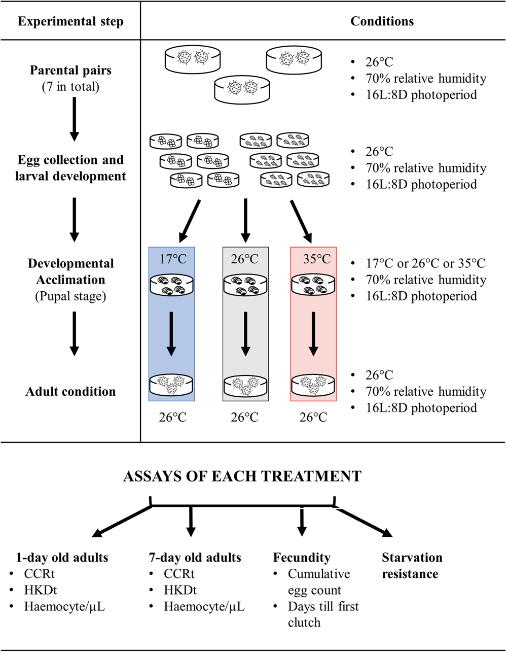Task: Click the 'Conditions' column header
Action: tap(382, 21)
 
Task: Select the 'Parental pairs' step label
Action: tap(70, 71)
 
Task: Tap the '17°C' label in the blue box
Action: tap(171, 259)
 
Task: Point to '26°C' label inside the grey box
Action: tap(245, 259)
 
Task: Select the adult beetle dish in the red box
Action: tap(313, 384)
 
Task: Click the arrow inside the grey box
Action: tap(245, 333)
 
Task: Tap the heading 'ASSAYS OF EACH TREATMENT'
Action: tap(242, 476)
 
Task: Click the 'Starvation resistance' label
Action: tap(412, 566)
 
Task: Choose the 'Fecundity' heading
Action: tap(302, 558)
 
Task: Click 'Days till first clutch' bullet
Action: tap(319, 614)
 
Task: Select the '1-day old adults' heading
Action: tap(63, 558)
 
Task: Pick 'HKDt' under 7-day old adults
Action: tap(180, 590)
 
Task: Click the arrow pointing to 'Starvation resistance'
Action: tap(365, 520)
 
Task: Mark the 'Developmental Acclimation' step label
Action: tap(70, 271)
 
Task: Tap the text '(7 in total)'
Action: tap(70, 86)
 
